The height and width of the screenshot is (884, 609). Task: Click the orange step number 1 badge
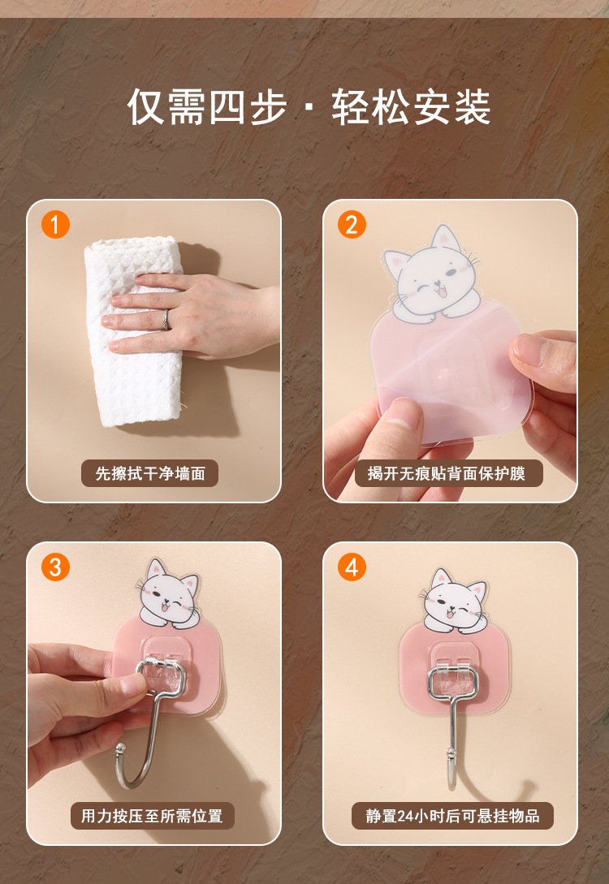point(55,224)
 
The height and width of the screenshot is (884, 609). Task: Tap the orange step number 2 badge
point(352,224)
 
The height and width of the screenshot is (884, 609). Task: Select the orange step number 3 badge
point(55,567)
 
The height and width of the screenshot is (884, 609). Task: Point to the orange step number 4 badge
point(352,567)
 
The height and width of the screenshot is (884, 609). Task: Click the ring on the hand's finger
point(166,320)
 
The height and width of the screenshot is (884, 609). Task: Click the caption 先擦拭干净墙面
point(150,473)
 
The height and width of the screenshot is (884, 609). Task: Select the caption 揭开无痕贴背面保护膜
point(447,473)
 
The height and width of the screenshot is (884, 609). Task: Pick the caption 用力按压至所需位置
point(152,816)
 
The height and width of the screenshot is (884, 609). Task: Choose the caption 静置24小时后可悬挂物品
point(452,816)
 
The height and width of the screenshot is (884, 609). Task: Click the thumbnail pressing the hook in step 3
point(134,686)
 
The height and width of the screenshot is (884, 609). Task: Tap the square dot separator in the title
point(308,108)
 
